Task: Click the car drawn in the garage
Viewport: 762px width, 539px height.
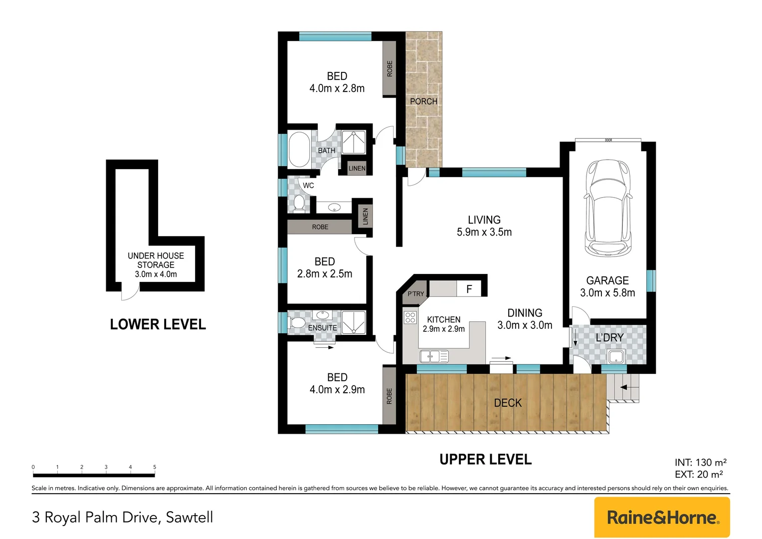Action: pos(608,208)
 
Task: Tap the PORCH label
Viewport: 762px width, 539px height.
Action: pos(423,101)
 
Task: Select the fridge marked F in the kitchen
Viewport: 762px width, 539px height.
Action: pos(469,289)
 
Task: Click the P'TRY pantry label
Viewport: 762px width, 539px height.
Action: pos(416,294)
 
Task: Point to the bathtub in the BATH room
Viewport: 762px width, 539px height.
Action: pos(299,150)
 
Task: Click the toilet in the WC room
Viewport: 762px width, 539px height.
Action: pos(299,204)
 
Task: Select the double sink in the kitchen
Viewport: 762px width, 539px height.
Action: pos(434,356)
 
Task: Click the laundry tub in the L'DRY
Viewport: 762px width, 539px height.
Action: pos(616,356)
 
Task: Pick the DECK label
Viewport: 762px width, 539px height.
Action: pos(508,403)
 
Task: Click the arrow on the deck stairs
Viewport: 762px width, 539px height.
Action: pos(628,387)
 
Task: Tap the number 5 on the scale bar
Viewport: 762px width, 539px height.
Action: pos(155,467)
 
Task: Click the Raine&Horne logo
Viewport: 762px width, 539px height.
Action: pos(662,517)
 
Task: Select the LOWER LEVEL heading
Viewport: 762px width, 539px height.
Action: pos(158,324)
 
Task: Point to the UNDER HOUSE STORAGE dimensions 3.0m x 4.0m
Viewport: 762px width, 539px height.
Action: pos(156,274)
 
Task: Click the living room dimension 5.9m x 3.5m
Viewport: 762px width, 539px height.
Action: pos(484,232)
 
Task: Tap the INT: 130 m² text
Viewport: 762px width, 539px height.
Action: pos(701,462)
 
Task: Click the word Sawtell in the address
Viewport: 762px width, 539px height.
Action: pos(190,517)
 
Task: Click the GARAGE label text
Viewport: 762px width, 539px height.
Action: pos(607,280)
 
